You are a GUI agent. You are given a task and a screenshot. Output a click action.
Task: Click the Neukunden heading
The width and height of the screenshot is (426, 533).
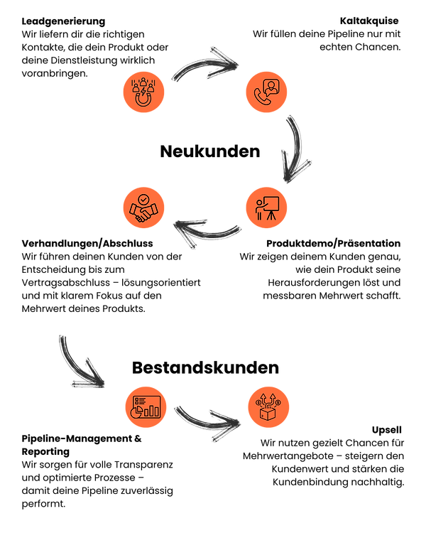coord(210,151)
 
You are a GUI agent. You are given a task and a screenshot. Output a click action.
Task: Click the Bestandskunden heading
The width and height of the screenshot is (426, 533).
coord(205,367)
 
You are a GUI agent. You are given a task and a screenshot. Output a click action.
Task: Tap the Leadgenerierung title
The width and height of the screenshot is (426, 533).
coord(63,21)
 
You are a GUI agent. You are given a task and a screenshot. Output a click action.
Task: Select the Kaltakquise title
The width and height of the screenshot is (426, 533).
coord(369,21)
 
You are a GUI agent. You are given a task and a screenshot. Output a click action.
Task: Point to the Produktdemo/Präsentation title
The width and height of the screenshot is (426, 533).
coord(333,243)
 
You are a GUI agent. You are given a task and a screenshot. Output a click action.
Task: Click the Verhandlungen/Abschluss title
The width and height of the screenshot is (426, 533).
coord(87,243)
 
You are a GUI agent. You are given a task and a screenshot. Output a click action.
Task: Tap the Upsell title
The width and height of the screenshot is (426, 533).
coord(387,430)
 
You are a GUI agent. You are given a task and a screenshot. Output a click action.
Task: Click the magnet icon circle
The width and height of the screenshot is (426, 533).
coord(143,92)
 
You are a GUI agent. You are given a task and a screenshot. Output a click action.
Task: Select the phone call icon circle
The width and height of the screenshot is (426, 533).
coord(267,92)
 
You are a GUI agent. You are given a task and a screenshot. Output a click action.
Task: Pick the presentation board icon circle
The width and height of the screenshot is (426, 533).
coord(267,208)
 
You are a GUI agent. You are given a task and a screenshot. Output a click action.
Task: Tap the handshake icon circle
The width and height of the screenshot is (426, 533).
coord(143,208)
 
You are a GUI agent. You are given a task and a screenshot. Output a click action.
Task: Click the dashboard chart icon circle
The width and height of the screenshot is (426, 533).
coord(146,407)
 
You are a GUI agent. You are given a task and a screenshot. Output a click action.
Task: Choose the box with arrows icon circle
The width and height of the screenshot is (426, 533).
coord(268,407)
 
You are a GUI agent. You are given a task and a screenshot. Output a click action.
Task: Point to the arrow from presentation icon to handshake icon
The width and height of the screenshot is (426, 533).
coord(207,234)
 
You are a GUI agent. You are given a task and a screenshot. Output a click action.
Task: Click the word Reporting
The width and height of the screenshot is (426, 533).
coord(45,452)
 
